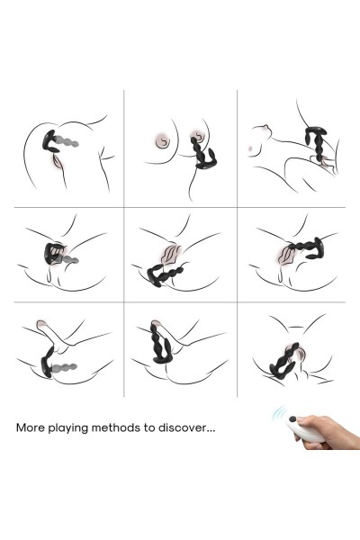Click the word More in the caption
pos(31,427)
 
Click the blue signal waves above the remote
pos(279,412)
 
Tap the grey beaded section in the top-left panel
pos(67,142)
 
